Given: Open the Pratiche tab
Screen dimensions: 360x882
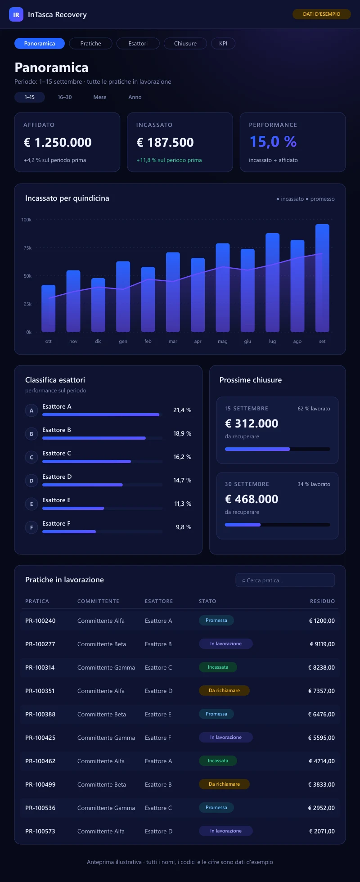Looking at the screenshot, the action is point(90,44).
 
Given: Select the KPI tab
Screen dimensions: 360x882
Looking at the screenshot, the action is point(223,44).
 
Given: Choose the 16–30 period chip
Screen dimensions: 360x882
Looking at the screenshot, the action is point(65,97).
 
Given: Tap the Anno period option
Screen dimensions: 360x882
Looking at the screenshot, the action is point(135,97).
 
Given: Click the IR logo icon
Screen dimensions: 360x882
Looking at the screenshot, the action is point(16,14).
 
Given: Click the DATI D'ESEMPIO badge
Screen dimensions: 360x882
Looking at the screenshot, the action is point(322,14).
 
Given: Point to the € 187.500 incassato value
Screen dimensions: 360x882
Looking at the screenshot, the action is point(165,143).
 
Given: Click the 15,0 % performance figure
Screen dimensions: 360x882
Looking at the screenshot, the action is point(273,142).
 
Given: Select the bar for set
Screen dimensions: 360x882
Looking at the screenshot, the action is point(322,278).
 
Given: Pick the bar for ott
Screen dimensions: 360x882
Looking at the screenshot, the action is point(48,309).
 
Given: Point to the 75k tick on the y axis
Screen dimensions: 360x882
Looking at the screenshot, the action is point(27,248).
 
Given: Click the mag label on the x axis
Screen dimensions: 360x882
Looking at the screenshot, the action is point(223,342).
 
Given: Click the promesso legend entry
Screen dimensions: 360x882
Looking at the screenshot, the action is point(320,199).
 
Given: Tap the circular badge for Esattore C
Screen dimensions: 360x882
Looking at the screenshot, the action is point(31,457).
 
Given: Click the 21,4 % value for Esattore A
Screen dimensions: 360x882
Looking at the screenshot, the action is point(182,410).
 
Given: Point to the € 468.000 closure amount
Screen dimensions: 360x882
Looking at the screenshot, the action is point(252,499).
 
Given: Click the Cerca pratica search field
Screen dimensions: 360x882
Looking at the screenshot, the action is point(285,580).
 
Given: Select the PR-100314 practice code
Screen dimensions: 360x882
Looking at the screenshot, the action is point(40,667).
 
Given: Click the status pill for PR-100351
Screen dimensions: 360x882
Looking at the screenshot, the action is point(224,690).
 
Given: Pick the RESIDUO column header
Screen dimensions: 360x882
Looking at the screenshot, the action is point(322,601).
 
